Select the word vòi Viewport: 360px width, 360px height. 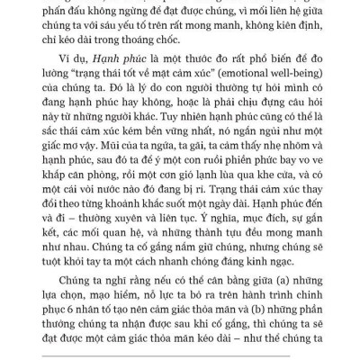[99, 226]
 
